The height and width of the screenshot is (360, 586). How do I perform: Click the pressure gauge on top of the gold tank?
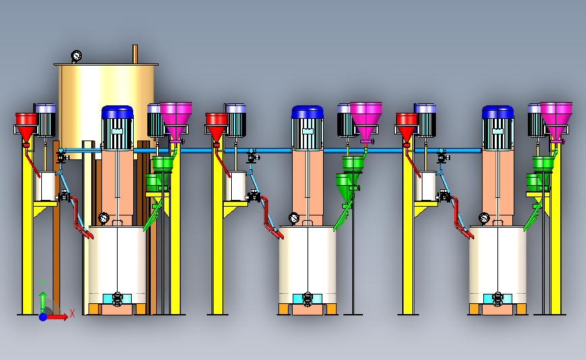(76, 56)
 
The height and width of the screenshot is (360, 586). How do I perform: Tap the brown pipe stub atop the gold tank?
(135, 54)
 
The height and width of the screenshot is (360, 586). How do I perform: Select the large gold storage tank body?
(107, 108)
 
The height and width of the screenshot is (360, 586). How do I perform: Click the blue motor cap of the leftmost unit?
(118, 112)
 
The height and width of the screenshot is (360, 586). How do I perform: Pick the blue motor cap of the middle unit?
(308, 112)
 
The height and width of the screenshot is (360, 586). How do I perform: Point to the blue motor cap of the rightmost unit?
(497, 112)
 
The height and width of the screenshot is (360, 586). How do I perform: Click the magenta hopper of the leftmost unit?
(176, 120)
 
